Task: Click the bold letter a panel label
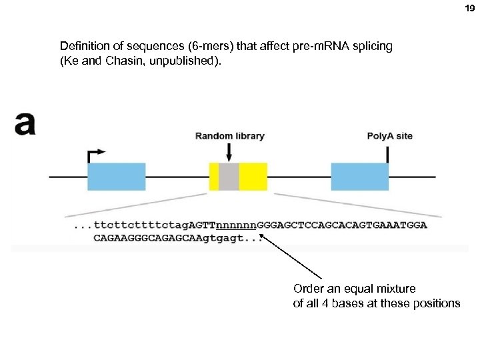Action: point(25,123)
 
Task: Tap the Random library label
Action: point(229,136)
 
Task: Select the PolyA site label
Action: point(389,136)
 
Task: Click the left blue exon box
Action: point(117,177)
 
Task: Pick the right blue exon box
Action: point(359,177)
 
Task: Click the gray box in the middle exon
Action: point(229,177)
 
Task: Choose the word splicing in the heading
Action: point(372,47)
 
